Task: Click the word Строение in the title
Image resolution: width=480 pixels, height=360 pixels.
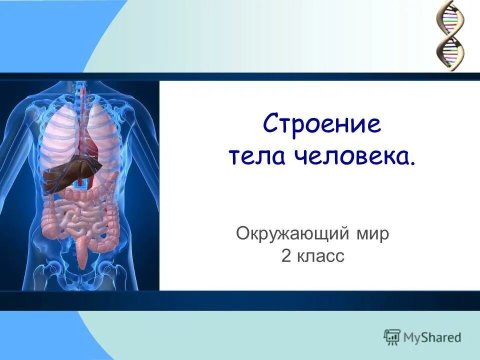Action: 322,124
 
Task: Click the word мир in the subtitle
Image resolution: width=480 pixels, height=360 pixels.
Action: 370,234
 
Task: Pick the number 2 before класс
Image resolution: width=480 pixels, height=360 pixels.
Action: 286,256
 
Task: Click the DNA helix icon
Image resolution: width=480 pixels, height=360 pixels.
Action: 449,35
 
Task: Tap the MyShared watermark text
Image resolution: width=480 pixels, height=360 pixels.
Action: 432,337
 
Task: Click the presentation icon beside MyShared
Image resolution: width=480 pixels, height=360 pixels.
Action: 392,337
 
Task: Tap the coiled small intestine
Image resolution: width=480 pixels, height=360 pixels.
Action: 82,220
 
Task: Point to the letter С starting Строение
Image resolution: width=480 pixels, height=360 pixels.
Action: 270,124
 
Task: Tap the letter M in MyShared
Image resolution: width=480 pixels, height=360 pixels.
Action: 410,337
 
